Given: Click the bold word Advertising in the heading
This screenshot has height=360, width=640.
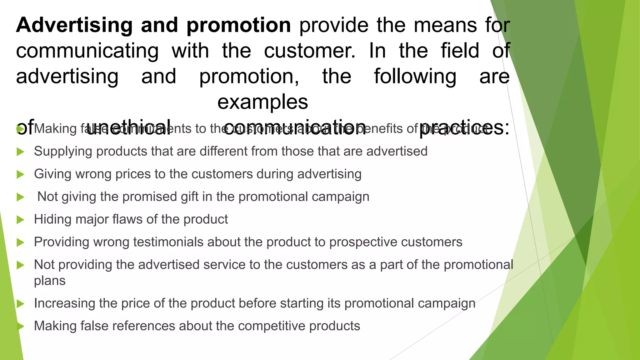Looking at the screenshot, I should tap(74, 26).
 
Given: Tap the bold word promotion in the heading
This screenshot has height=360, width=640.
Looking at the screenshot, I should tap(239, 26).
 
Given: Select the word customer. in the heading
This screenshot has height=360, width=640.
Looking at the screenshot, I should tap(310, 51).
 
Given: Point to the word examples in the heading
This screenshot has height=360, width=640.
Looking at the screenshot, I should tap(263, 102).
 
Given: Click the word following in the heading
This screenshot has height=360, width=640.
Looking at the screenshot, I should tap(415, 77).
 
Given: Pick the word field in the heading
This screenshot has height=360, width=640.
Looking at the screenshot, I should tap(460, 51).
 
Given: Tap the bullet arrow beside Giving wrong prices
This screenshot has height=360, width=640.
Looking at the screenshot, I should tap(20, 174).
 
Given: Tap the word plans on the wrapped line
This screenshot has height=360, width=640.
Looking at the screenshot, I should tap(50, 281).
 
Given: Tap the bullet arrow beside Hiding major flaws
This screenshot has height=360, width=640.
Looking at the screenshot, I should tap(20, 220).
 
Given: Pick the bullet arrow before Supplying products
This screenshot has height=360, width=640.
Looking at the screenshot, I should tap(20, 152).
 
